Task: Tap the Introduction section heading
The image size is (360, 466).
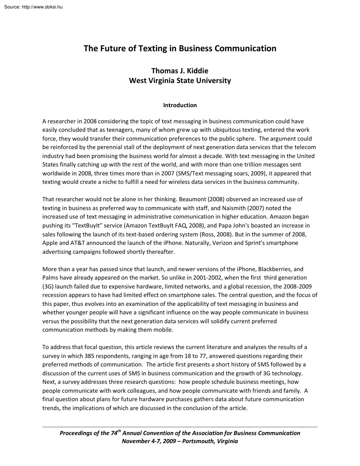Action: coord(180,105)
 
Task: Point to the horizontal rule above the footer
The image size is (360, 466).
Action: coord(180,427)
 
